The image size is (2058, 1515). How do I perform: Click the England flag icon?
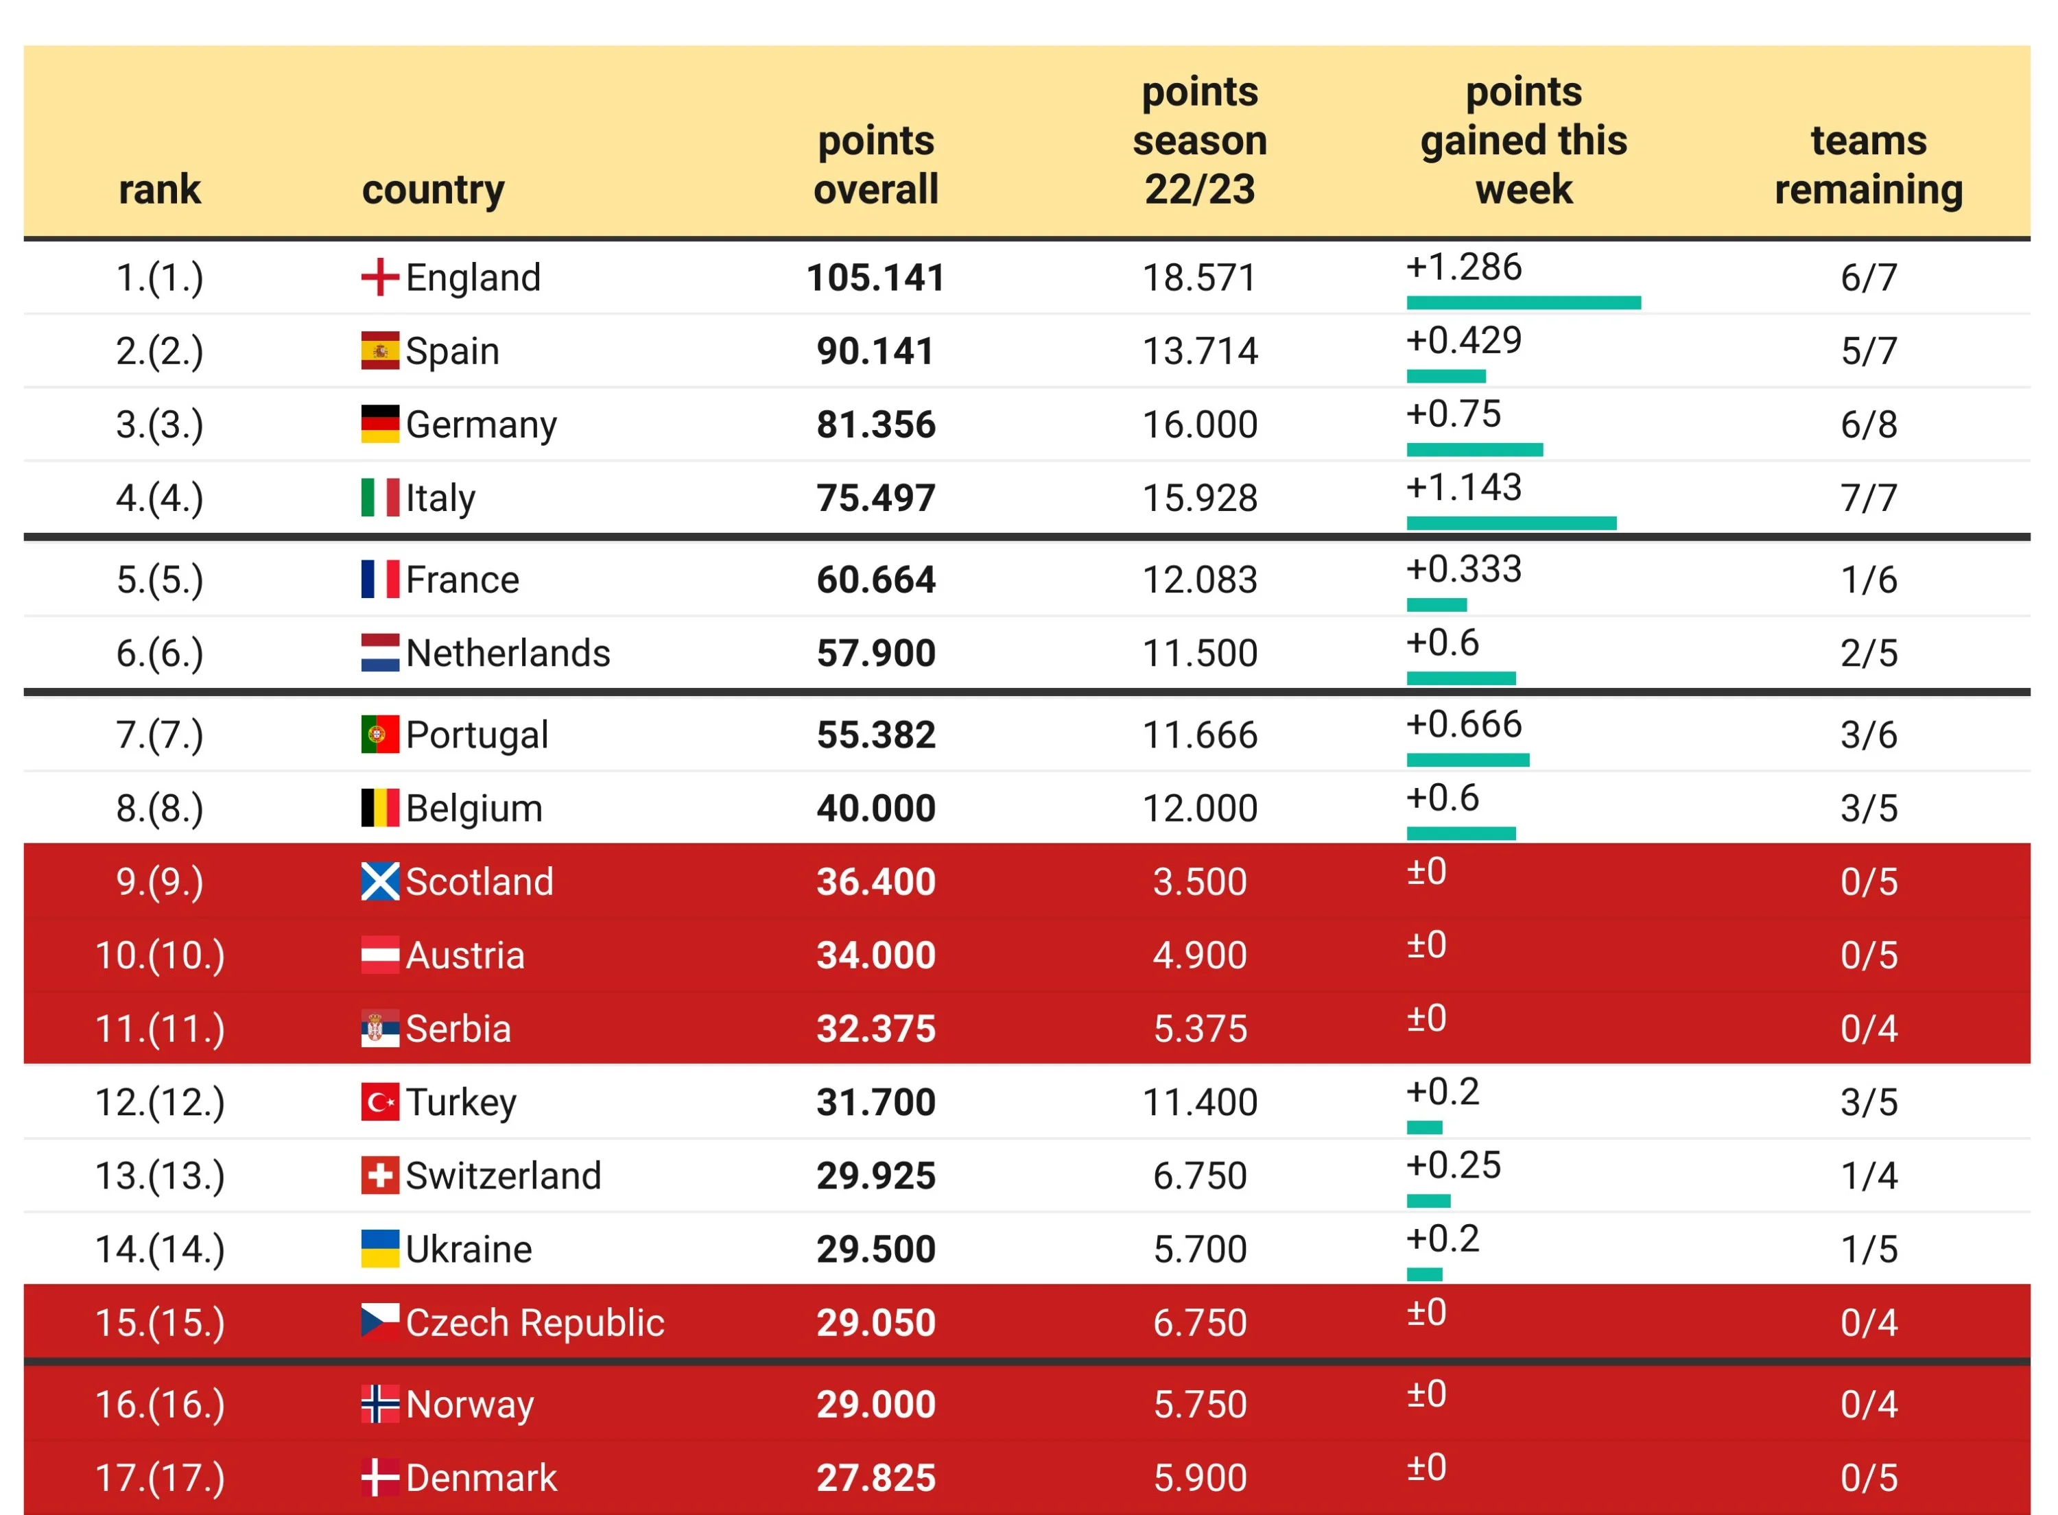(x=379, y=277)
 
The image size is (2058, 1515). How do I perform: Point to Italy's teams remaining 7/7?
(x=1867, y=498)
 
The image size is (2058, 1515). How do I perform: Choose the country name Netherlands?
(x=507, y=653)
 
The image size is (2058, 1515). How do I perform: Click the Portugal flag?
(x=379, y=735)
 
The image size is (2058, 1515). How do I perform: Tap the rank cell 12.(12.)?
(x=160, y=1101)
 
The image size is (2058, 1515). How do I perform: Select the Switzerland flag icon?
(x=379, y=1176)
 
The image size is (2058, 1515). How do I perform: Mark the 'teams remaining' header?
(x=1867, y=165)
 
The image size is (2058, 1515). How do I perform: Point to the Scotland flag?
(x=379, y=881)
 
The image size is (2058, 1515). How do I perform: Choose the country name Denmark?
(x=481, y=1477)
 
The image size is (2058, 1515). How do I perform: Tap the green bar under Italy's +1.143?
(x=1511, y=523)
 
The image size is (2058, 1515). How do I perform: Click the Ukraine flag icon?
(x=379, y=1249)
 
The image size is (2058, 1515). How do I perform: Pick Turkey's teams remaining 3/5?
(x=1867, y=1101)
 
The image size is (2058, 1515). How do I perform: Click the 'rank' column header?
(x=160, y=189)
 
